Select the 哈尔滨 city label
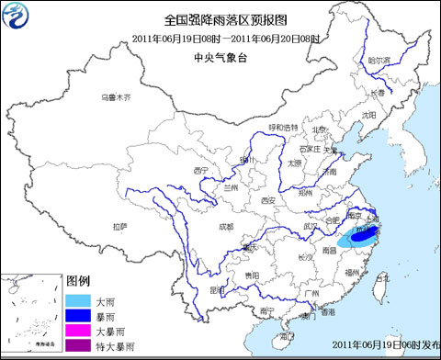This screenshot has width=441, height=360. click(x=379, y=61)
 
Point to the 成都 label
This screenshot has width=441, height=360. click(x=225, y=225)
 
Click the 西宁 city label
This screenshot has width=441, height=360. click(x=203, y=171)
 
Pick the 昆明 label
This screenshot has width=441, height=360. click(x=217, y=289)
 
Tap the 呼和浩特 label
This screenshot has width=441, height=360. click(x=283, y=127)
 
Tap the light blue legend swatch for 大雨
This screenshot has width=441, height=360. click(x=79, y=301)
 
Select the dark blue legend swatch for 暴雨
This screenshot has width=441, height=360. click(x=79, y=316)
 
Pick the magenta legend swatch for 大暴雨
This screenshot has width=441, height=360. click(x=79, y=331)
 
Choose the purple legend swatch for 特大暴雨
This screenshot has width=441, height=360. click(x=79, y=345)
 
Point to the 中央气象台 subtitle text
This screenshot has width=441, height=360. click(x=220, y=57)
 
